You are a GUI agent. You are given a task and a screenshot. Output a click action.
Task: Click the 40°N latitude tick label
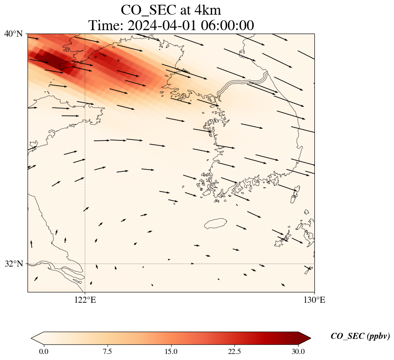[x=13, y=34]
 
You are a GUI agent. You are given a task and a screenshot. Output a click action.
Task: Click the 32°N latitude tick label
[x=13, y=264]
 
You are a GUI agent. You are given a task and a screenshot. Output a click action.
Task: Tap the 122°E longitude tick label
[x=85, y=300]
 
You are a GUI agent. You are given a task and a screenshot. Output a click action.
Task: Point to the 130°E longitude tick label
[x=314, y=300]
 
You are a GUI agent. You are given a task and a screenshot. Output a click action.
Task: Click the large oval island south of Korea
[x=215, y=223]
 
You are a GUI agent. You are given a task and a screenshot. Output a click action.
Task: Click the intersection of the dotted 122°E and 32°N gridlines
[x=85, y=264]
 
